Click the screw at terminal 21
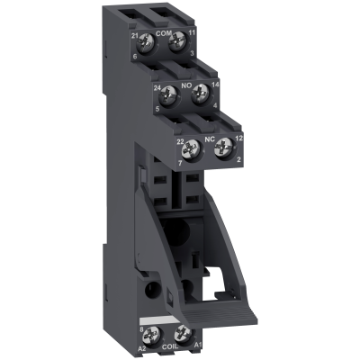[x=146, y=42]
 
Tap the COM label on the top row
[x=163, y=32]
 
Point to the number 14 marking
[x=216, y=82]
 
